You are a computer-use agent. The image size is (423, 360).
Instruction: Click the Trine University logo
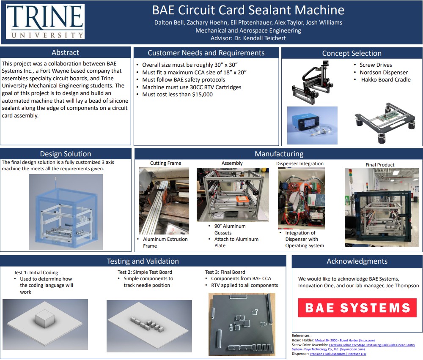point(44,22)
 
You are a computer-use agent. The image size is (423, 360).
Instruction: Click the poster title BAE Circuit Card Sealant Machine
point(248,10)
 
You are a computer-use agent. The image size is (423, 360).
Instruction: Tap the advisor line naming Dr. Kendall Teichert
point(248,38)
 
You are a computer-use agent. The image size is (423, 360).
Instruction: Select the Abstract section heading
point(65,53)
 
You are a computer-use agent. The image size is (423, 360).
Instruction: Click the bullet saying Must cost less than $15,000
point(177,95)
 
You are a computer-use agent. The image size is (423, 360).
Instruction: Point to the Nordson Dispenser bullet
point(384,72)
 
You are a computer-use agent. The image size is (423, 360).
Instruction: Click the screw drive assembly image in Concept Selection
point(313,82)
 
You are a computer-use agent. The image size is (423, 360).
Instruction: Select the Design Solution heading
point(65,154)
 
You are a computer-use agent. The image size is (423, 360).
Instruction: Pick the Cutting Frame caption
point(165,163)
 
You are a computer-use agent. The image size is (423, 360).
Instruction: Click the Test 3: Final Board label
point(225,272)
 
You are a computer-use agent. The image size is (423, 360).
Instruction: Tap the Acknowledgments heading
point(357,262)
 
